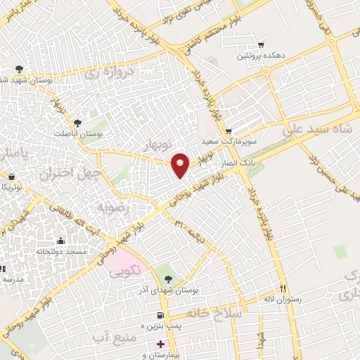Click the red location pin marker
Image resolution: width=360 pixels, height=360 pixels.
(x=181, y=165)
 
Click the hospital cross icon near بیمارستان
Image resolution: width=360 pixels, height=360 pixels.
(x=160, y=344)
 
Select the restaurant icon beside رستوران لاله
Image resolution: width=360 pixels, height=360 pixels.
(x=283, y=288)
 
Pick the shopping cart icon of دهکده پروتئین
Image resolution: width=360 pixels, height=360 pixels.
(x=261, y=44)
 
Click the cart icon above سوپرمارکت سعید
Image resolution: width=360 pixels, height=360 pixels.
(x=229, y=131)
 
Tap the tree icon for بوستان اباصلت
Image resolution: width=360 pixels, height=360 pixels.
(x=87, y=122)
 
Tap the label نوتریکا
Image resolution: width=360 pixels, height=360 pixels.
(x=12, y=186)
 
